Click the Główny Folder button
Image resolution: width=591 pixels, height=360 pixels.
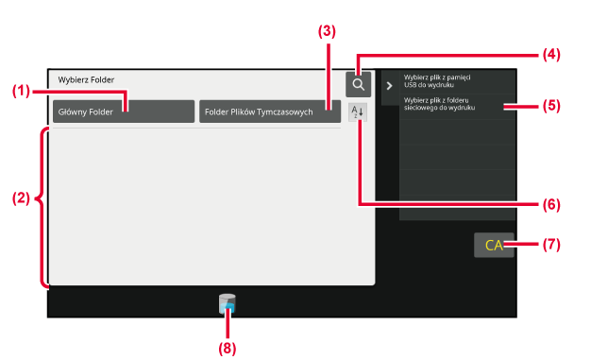point(124,111)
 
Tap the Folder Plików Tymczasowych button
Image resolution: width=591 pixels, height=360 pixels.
point(270,111)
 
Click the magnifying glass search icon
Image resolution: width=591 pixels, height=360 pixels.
point(358,84)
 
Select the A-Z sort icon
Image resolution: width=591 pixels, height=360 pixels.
point(357,112)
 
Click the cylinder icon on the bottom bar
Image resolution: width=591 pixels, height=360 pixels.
point(227,303)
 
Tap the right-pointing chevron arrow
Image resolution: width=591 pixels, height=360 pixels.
point(390,86)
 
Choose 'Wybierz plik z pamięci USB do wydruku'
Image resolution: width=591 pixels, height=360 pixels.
point(437,81)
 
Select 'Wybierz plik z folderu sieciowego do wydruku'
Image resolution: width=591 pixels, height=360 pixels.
point(440,104)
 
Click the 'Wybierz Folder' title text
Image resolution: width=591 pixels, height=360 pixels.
point(86,79)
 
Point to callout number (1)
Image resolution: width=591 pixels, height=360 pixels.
point(21,91)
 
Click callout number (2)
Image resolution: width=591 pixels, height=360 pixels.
point(21,198)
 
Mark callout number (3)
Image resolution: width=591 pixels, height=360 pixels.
point(327,31)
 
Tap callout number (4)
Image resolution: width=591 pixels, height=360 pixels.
point(551,55)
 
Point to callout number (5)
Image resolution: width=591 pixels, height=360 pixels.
point(551,106)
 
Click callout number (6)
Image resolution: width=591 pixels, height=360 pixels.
point(551,205)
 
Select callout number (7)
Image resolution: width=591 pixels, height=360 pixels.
point(551,245)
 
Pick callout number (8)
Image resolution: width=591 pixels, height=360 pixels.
point(228,349)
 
